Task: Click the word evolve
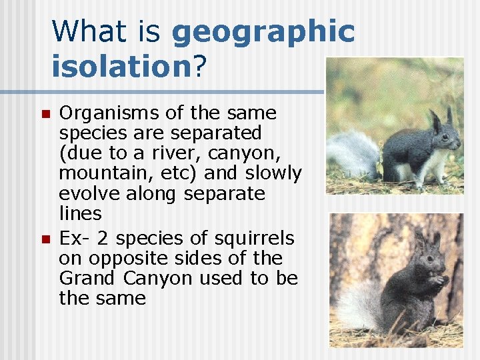pos(83,193)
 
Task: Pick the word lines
pos(80,213)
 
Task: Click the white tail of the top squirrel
pos(353,153)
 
